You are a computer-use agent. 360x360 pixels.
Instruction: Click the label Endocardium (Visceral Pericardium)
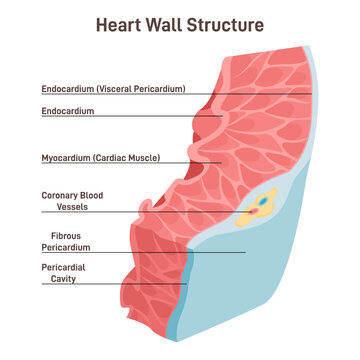tap(113, 88)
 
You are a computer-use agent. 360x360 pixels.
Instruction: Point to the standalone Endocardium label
tap(68, 111)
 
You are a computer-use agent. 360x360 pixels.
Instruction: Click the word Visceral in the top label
tap(118, 88)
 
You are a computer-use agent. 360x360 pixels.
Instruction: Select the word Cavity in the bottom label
tap(59, 280)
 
